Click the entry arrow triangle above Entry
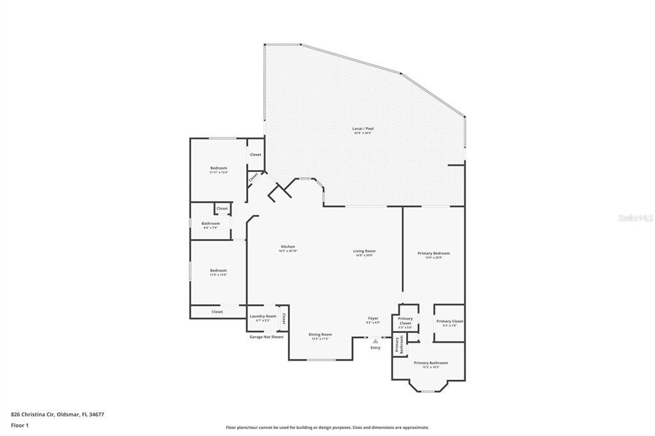(375, 341)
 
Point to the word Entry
(375, 348)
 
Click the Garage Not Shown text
(266, 337)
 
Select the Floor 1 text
(20, 424)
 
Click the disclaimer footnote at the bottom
(327, 428)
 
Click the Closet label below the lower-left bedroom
(217, 312)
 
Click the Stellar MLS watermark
(635, 218)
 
